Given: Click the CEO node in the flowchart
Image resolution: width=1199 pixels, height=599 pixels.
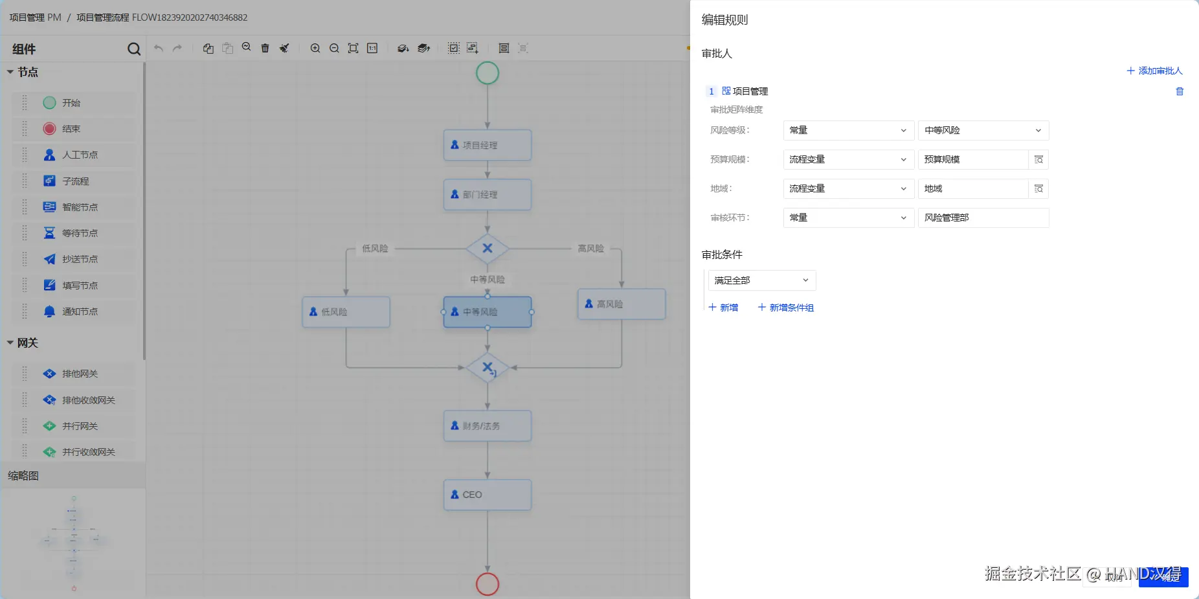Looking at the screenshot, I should point(487,495).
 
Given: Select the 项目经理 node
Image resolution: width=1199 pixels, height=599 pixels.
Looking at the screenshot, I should point(487,145).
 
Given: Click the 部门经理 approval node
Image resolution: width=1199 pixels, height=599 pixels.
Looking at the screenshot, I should point(487,194).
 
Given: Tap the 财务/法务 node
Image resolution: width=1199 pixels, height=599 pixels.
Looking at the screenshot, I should point(487,426).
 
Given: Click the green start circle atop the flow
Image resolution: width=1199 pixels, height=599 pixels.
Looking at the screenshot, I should point(487,73).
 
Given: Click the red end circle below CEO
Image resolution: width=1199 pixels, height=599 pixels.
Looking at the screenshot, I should point(487,584).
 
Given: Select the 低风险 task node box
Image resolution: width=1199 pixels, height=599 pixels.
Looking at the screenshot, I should point(346,312).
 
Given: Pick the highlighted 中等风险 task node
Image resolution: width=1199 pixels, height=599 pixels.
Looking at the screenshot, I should point(487,312).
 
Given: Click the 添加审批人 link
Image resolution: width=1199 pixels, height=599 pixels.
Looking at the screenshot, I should point(1154,71).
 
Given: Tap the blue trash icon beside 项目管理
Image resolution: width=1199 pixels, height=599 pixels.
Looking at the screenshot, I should point(1180,91).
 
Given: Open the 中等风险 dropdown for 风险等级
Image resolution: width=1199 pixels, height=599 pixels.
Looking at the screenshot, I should point(983,130).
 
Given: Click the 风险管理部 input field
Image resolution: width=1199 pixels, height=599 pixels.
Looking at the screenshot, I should point(983,218).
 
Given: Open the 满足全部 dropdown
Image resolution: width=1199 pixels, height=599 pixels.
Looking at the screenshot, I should point(761,280).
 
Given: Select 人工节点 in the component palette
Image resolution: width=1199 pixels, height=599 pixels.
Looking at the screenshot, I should point(79,155).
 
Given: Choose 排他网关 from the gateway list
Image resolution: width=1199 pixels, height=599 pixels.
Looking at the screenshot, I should point(79,374).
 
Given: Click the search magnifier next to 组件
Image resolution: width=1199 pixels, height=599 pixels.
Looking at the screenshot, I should point(134,49).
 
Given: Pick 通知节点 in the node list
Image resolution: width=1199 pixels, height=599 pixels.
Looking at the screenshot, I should point(79,311).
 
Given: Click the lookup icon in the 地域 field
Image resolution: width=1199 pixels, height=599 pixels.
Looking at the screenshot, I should point(1038,188).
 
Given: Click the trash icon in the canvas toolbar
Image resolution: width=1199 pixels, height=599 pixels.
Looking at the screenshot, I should point(265,48).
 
